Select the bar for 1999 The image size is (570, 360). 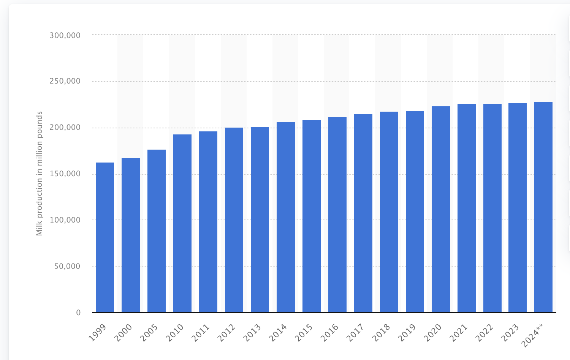coord(105,237)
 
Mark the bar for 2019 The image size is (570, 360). coord(415,212)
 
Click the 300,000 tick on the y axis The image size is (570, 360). coord(65,35)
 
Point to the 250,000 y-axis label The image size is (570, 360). coord(65,81)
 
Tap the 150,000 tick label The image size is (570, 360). coord(65,174)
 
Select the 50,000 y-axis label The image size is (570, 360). coord(67,266)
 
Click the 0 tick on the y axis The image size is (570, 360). coord(78,313)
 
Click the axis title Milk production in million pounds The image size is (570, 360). coord(39,174)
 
